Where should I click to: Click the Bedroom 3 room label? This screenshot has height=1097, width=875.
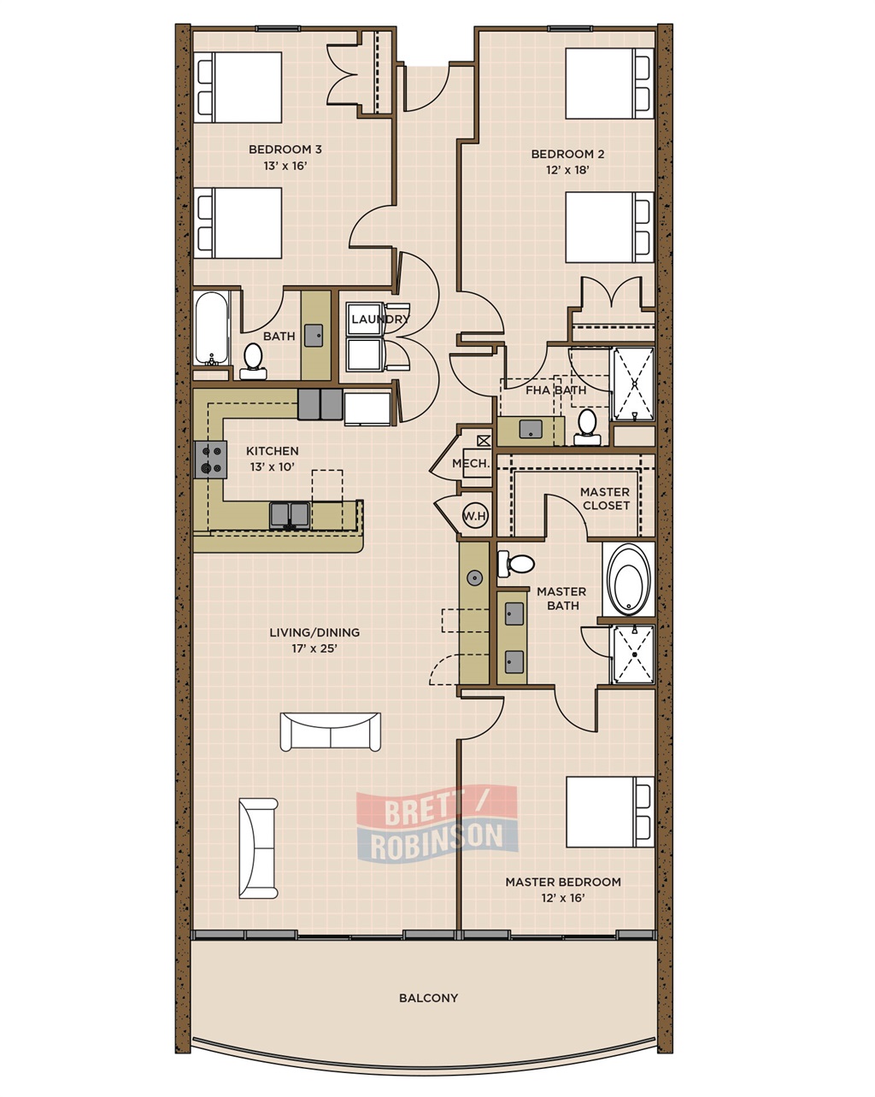(285, 150)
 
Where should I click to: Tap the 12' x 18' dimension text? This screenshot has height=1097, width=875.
(567, 170)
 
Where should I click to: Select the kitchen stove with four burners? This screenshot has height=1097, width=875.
(210, 460)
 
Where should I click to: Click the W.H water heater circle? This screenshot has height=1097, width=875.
(475, 516)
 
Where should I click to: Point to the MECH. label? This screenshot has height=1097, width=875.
(471, 463)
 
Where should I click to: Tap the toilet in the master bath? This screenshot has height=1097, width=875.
(516, 564)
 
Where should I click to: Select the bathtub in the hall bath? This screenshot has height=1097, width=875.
(211, 328)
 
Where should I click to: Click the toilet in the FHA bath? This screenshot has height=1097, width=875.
(587, 426)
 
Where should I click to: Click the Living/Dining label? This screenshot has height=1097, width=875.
(314, 632)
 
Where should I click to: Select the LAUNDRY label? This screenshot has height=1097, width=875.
(380, 320)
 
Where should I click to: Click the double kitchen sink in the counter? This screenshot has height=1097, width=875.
(290, 516)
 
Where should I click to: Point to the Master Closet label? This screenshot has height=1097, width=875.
(605, 499)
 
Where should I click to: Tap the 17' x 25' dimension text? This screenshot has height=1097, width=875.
(314, 649)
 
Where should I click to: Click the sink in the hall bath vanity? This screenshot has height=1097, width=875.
(314, 336)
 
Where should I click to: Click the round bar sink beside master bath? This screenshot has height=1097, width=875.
(475, 578)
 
